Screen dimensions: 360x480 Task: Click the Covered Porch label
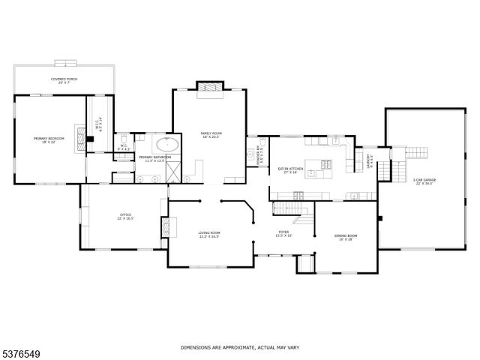[64, 80]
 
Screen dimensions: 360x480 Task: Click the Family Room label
[211, 136]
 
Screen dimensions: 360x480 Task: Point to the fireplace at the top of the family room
[210, 89]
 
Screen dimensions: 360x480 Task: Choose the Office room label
[124, 217]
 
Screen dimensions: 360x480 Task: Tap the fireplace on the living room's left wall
[165, 226]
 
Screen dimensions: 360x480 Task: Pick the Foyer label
[284, 234]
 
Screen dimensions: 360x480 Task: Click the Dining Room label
[346, 238]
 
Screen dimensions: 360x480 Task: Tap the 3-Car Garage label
[424, 182]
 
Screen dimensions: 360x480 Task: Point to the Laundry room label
[370, 162]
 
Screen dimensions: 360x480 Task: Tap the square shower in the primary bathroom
[172, 172]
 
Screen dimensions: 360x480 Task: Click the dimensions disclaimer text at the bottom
[239, 347]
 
